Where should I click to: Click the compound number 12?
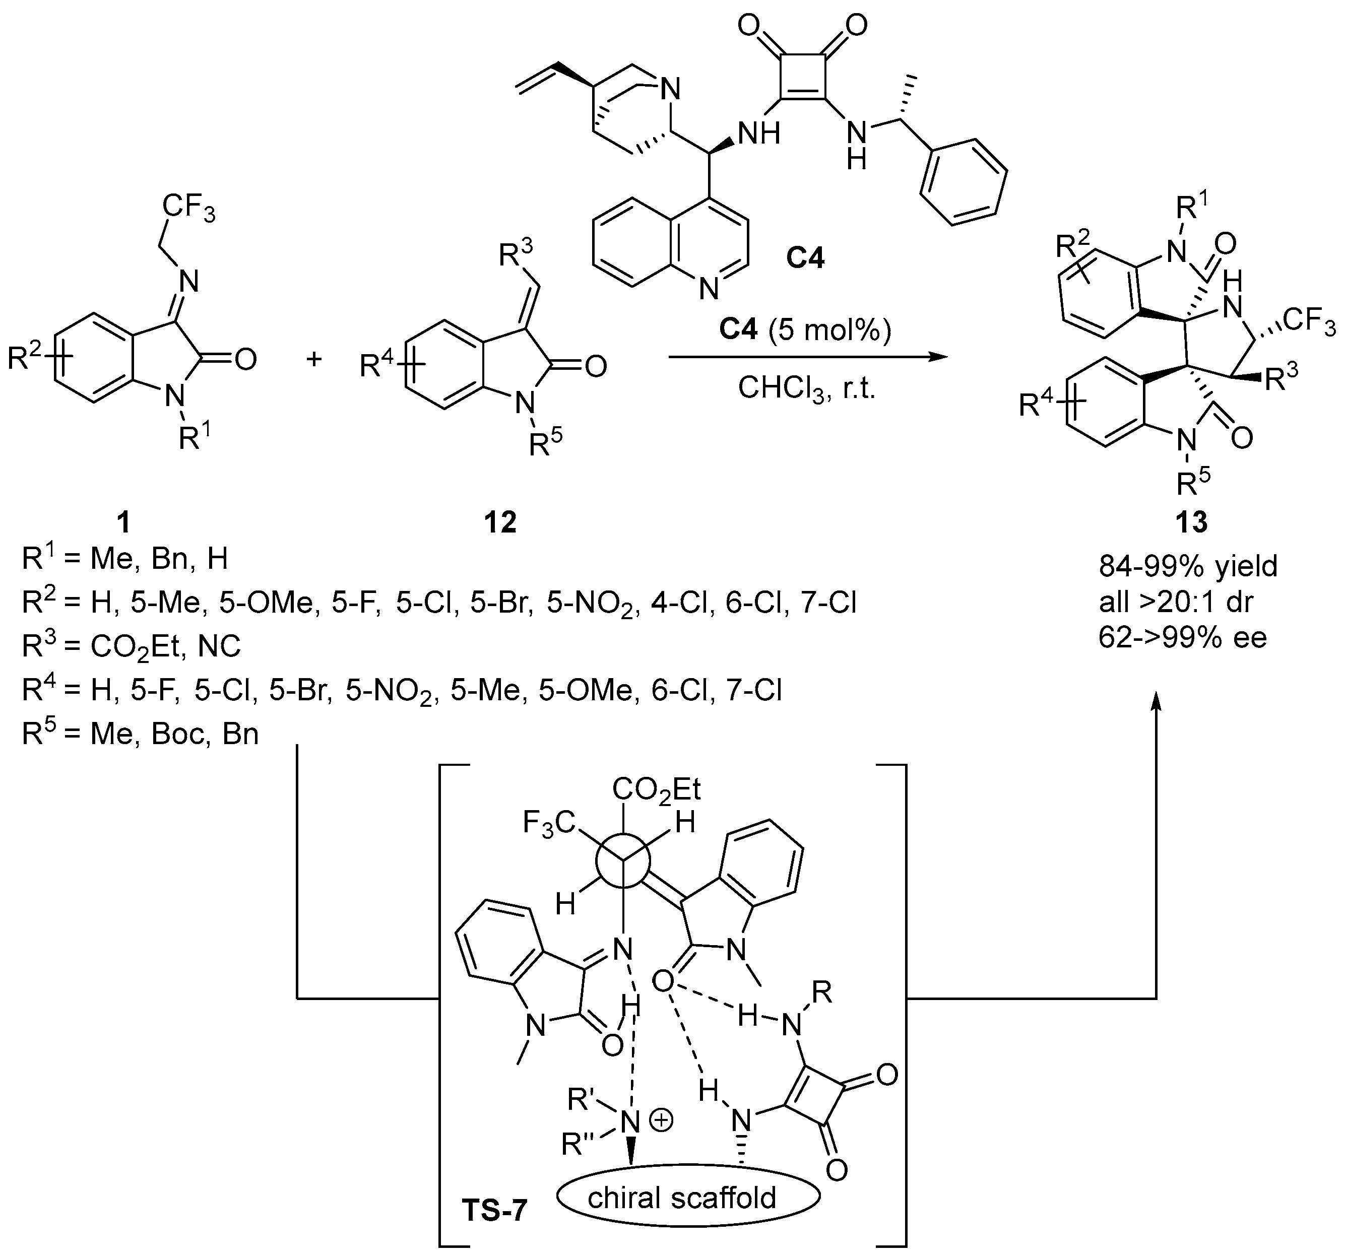click(500, 522)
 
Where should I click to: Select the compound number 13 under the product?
click(1191, 522)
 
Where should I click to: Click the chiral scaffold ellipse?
click(688, 1198)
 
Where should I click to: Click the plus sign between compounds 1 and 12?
click(313, 359)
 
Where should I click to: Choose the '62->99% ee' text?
click(1183, 637)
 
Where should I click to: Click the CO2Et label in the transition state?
click(656, 788)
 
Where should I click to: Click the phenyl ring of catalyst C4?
click(963, 182)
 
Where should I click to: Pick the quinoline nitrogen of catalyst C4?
click(709, 290)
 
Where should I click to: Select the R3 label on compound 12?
click(515, 255)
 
